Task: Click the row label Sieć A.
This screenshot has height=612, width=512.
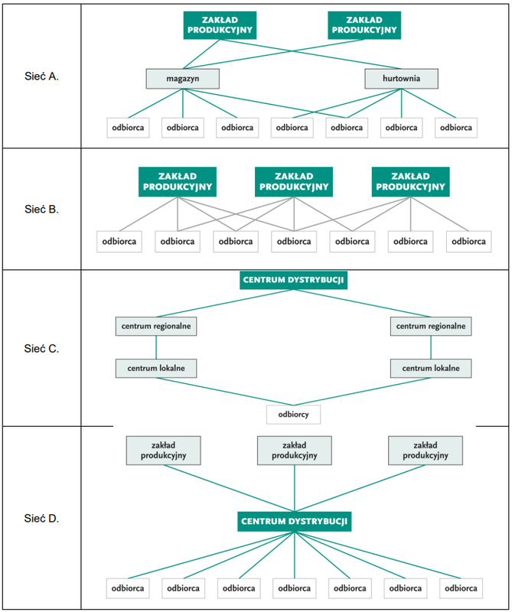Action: pos(41,76)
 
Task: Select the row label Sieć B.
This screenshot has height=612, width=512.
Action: pos(41,209)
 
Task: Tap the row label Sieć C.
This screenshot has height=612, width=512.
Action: pos(41,349)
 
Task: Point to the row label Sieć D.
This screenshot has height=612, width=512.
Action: pos(41,519)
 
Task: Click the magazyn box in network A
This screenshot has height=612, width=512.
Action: pos(182,79)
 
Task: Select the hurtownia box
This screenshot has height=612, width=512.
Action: pos(401,79)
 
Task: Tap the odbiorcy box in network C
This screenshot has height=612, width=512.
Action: pos(293,415)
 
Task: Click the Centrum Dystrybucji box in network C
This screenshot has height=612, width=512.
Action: pos(293,280)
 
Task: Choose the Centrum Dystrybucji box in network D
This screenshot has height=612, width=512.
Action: pos(294,522)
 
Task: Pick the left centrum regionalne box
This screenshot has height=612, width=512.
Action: pos(156,327)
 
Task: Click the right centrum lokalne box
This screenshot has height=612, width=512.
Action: pos(431,369)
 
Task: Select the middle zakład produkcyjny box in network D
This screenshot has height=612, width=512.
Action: pos(294,451)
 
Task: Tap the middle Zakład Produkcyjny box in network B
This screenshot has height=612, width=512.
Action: pos(294,182)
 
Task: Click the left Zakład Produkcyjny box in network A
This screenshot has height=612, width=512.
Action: pos(220,25)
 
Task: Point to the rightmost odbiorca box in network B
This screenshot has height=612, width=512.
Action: pos(468,242)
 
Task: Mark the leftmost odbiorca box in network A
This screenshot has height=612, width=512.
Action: pos(128,128)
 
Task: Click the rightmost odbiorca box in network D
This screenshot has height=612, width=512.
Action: pos(461,588)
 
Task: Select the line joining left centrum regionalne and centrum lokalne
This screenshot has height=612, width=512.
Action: pos(156,347)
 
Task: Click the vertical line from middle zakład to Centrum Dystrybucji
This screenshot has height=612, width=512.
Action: pos(294,488)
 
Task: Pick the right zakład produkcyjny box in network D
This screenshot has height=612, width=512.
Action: pos(426,451)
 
